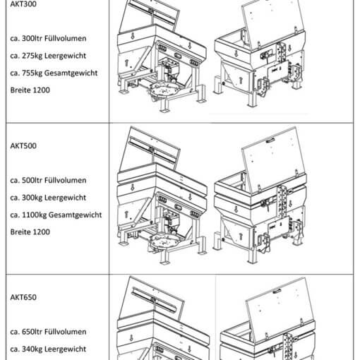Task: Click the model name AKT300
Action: point(23,4)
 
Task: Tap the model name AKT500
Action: point(23,146)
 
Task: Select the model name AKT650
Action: point(23,297)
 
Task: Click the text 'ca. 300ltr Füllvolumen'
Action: point(48,38)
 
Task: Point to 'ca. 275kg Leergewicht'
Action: point(48,56)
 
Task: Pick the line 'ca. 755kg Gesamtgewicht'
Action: point(54,73)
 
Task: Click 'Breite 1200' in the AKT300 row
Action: point(30,90)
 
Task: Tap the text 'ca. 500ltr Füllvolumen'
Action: point(48,181)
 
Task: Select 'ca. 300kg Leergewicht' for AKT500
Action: point(48,198)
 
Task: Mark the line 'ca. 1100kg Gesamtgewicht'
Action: point(56,215)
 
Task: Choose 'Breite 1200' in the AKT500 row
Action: point(30,232)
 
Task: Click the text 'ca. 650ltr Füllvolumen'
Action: point(48,332)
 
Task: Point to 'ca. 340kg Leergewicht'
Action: point(48,349)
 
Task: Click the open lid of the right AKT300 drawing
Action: point(274,23)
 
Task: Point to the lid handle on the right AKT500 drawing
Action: point(270,140)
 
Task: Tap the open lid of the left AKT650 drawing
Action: point(150,299)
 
